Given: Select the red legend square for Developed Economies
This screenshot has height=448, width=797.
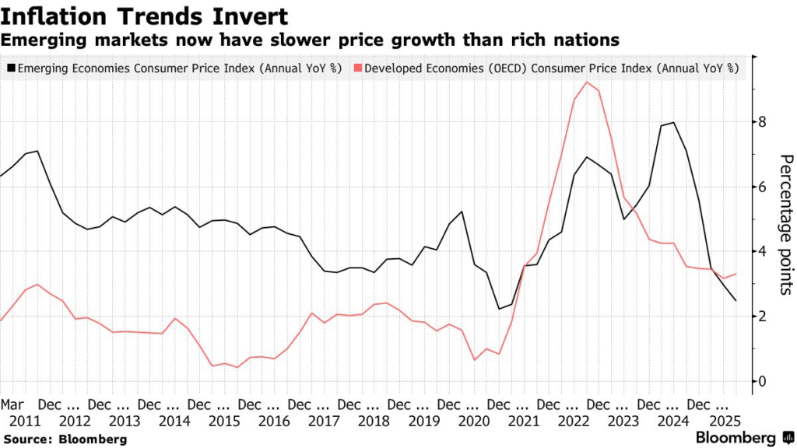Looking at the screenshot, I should coord(357,68).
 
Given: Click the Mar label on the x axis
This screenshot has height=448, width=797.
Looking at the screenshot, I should coord(12,405).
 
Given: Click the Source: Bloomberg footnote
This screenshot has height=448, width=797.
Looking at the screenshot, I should coord(64,439).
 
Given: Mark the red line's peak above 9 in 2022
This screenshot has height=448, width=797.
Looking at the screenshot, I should coord(586,82).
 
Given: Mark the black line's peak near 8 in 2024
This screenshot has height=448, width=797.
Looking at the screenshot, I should coord(673,123).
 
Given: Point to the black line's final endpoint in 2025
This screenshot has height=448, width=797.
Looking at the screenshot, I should coord(736,301).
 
